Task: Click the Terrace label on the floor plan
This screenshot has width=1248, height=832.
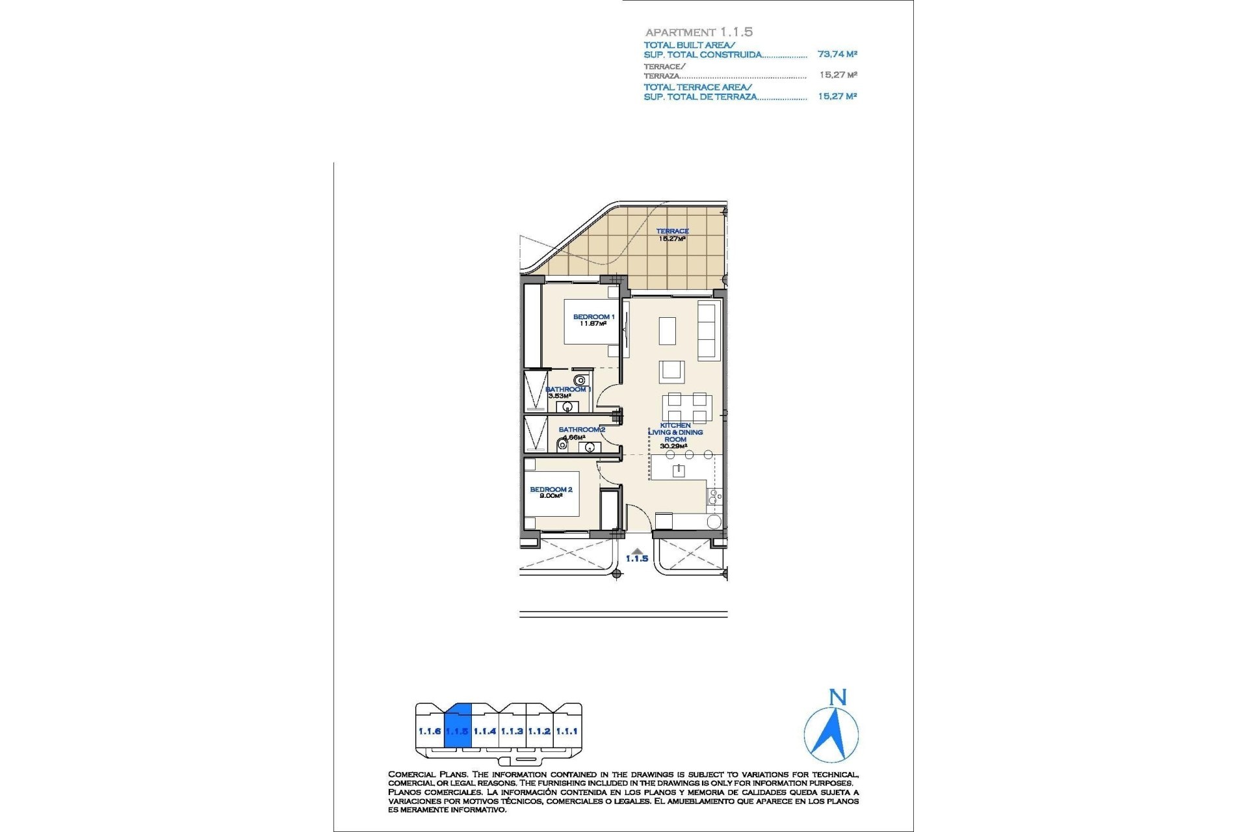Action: [x=672, y=231]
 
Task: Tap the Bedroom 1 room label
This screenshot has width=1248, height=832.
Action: [x=593, y=317]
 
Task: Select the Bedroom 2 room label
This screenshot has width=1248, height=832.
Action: [x=551, y=489]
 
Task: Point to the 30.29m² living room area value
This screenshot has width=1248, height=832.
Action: [x=675, y=447]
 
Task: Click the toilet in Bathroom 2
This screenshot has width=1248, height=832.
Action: [x=562, y=445]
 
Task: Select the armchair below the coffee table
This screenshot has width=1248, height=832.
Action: [x=671, y=372]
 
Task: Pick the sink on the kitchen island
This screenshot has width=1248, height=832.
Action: [x=679, y=471]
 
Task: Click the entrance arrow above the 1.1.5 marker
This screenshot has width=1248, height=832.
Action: [x=637, y=551]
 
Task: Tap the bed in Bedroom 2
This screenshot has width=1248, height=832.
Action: [x=552, y=494]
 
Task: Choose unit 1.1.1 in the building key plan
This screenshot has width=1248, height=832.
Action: [x=567, y=731]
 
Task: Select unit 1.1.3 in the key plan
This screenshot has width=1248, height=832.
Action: [x=512, y=731]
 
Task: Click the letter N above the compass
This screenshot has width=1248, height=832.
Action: [x=838, y=697]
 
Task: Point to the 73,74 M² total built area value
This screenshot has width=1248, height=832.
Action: [x=837, y=55]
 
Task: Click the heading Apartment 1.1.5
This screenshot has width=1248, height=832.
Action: [x=699, y=32]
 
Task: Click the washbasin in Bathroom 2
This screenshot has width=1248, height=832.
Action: [x=590, y=447]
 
